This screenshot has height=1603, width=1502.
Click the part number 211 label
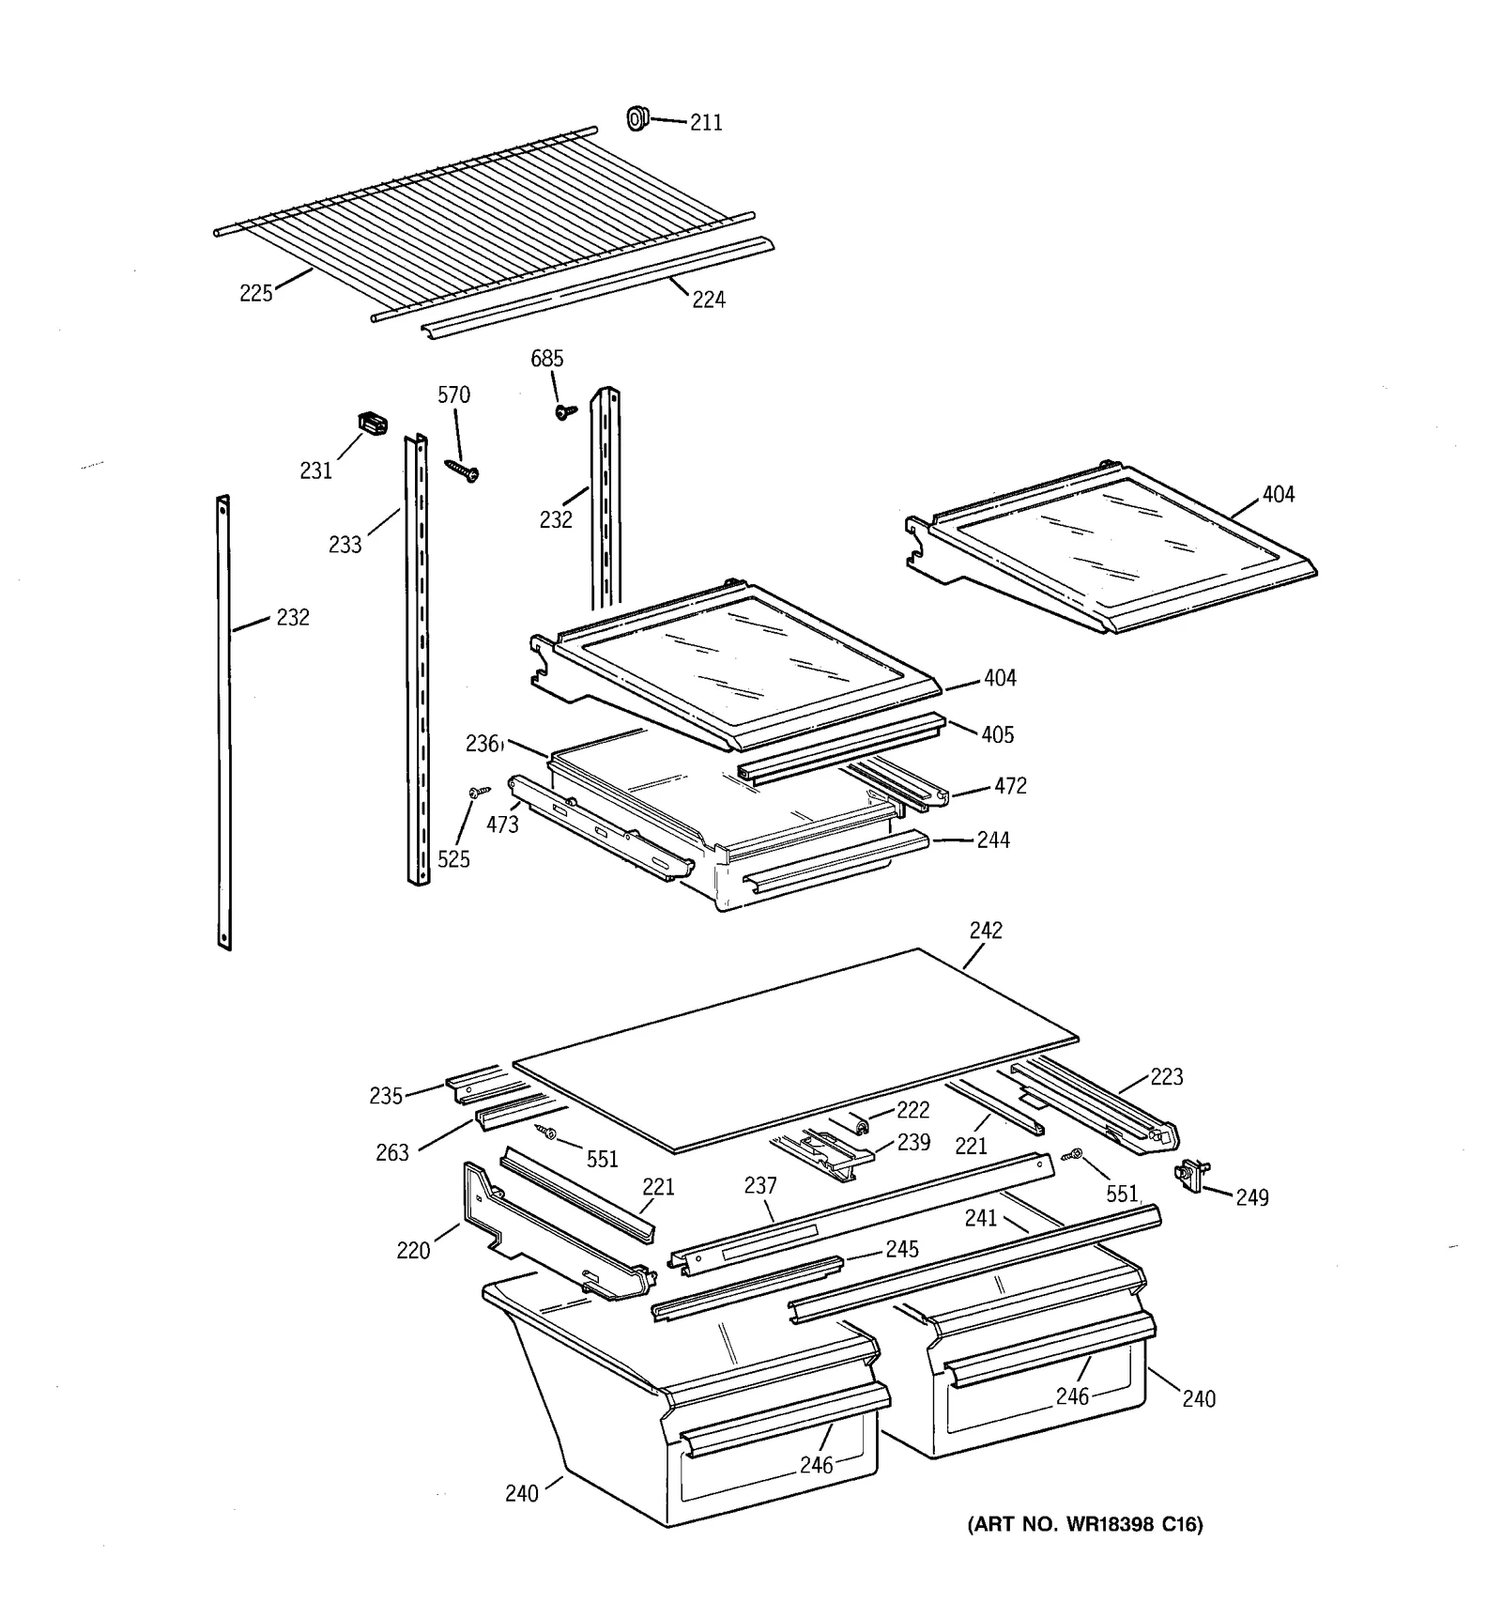pyautogui.click(x=706, y=123)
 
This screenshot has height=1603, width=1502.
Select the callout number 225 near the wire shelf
pyautogui.click(x=255, y=294)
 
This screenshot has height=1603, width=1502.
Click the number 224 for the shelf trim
pyautogui.click(x=709, y=300)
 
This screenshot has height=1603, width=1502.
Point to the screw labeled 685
pyautogui.click(x=564, y=411)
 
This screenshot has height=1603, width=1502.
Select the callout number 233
pyautogui.click(x=345, y=545)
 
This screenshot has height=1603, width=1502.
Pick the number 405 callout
pyautogui.click(x=997, y=734)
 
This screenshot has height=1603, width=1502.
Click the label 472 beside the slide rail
pyautogui.click(x=1010, y=786)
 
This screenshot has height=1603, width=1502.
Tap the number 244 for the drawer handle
pyautogui.click(x=993, y=840)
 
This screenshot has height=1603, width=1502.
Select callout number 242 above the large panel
pyautogui.click(x=986, y=931)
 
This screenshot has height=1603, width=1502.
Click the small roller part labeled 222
pyautogui.click(x=859, y=1120)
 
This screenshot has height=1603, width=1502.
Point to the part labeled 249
pyautogui.click(x=1190, y=1175)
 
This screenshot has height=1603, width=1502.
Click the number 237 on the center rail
pyautogui.click(x=760, y=1186)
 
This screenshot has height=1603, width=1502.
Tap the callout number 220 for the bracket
pyautogui.click(x=413, y=1251)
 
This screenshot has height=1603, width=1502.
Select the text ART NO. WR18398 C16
pyautogui.click(x=1084, y=1524)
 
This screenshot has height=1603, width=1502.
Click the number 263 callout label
pyautogui.click(x=392, y=1152)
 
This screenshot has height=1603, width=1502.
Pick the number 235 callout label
pyautogui.click(x=386, y=1096)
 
